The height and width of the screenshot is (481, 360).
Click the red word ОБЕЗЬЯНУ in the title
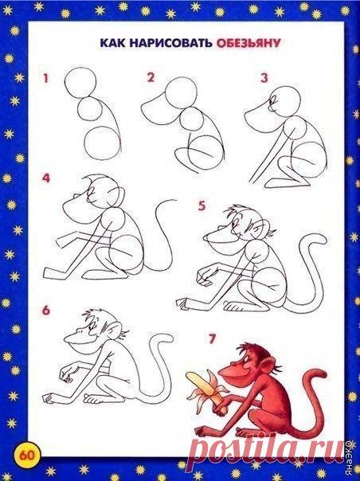pyautogui.click(x=248, y=43)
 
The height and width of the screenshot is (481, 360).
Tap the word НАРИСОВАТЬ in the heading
pyautogui.click(x=170, y=43)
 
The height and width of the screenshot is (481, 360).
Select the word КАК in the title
pyautogui.click(x=112, y=43)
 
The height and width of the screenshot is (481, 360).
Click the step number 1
pyautogui.click(x=45, y=78)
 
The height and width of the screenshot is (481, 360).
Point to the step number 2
pyautogui.click(x=151, y=77)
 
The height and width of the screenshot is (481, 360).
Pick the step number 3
pyautogui.click(x=264, y=78)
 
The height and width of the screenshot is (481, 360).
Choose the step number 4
pyautogui.click(x=46, y=178)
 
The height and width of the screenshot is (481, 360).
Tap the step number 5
pyautogui.click(x=202, y=205)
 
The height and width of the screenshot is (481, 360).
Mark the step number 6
pyautogui.click(x=46, y=310)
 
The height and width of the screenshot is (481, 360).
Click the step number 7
pyautogui.click(x=213, y=339)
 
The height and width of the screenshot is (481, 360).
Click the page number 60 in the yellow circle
pyautogui.click(x=28, y=456)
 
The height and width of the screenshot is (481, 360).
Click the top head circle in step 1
pyautogui.click(x=80, y=83)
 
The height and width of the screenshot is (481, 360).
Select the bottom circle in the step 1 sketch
pyautogui.click(x=100, y=143)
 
